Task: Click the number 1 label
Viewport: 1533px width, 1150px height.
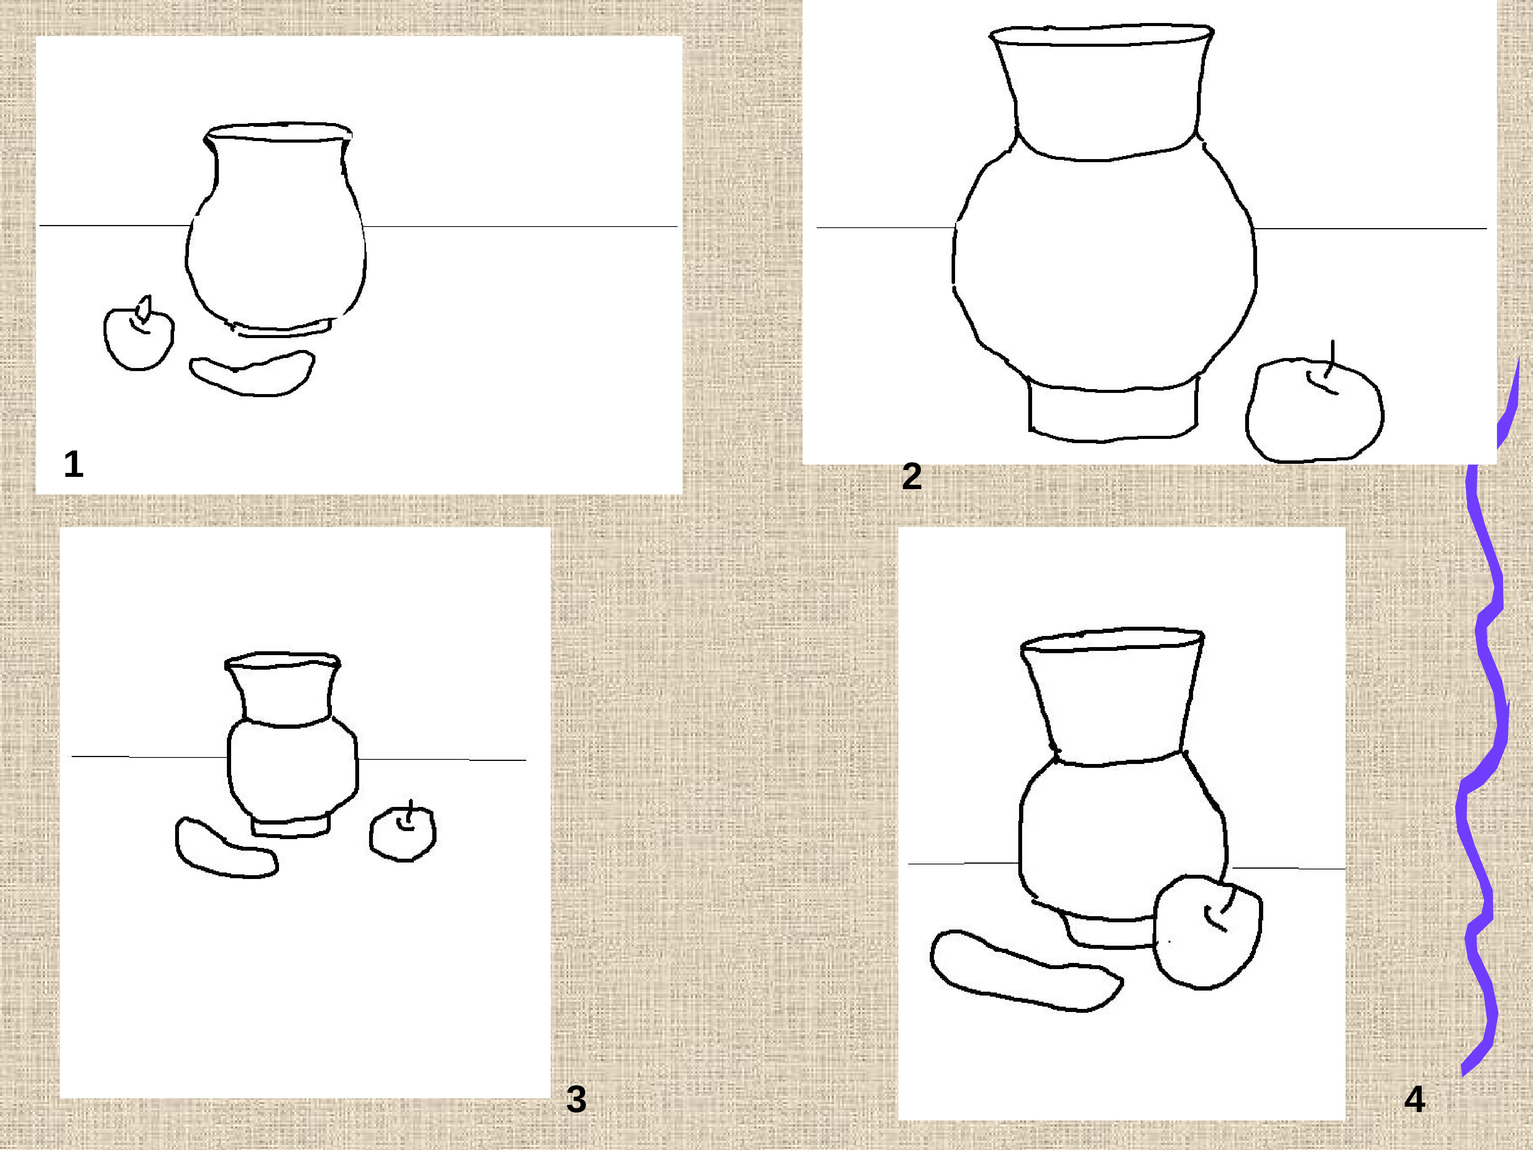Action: tap(74, 464)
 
